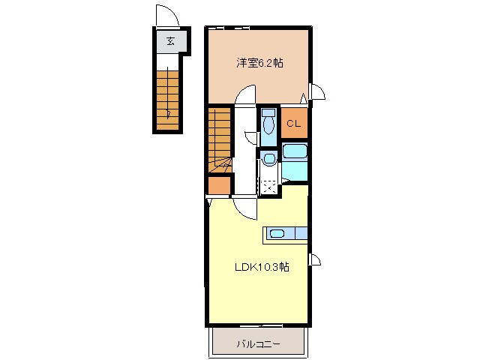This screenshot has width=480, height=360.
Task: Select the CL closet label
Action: click(294, 124)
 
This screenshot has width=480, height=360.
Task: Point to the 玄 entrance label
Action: click(170, 41)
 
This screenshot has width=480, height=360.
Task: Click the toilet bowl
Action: click(268, 124)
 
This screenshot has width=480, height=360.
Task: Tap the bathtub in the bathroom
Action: click(295, 153)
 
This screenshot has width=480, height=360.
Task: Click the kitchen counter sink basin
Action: click(277, 234)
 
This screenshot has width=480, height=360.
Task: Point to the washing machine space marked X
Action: click(268, 182)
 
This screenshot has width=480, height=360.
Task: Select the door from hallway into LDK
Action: click(246, 206)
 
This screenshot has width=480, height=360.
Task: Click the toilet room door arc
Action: click(252, 136)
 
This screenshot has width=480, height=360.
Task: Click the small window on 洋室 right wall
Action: click(316, 92)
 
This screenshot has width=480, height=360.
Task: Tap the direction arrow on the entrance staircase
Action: click(169, 112)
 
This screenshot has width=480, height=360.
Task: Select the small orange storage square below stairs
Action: click(219, 185)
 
